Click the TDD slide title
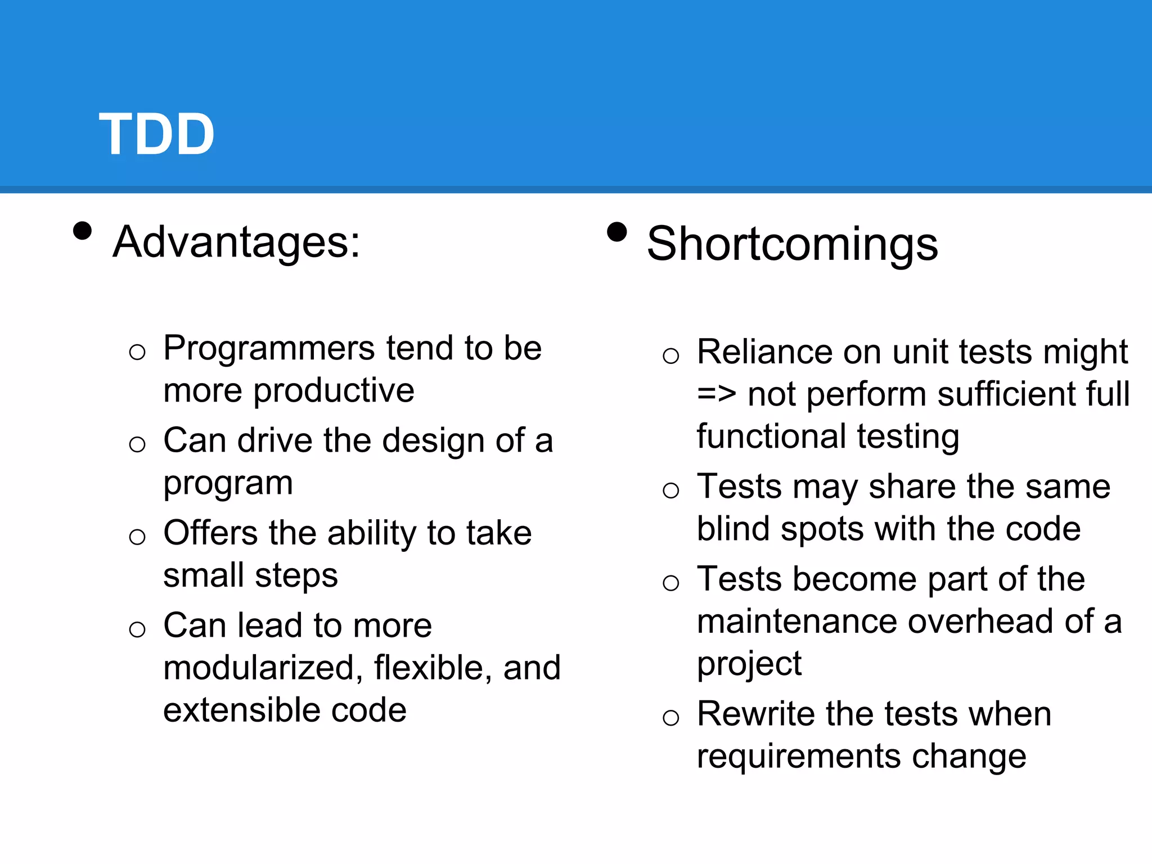click(x=157, y=134)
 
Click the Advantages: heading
click(x=236, y=242)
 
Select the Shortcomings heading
click(x=792, y=244)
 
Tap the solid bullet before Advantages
click(x=83, y=231)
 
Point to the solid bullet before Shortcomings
click(x=617, y=232)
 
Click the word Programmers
click(x=268, y=349)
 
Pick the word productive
click(x=334, y=390)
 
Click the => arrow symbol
click(x=716, y=394)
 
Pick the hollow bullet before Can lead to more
click(x=137, y=629)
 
